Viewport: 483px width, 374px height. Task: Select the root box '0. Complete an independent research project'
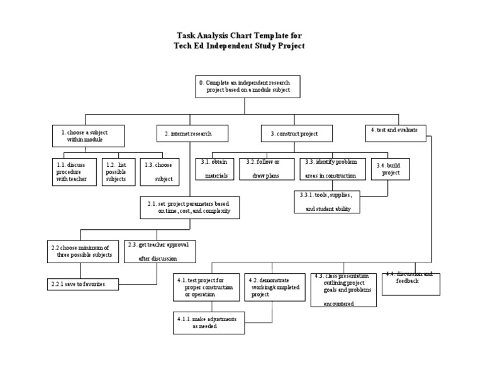coord(248,86)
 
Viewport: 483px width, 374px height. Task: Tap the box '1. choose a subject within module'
coord(88,135)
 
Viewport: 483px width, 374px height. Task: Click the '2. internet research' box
coord(192,133)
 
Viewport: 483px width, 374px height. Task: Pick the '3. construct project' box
coord(297,133)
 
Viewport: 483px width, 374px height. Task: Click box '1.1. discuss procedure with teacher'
coord(73,171)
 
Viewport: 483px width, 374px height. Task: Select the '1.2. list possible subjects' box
coord(118,171)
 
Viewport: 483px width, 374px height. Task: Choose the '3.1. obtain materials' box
coord(214,168)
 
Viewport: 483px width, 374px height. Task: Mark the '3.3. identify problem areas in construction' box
coord(331,168)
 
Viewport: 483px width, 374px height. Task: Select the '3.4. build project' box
coord(387,168)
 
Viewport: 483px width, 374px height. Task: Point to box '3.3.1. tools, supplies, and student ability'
coord(327,201)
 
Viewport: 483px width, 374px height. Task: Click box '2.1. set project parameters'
coord(189,208)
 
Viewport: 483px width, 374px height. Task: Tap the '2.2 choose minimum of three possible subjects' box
coord(82,251)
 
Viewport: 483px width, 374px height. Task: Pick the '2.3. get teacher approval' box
coord(160,251)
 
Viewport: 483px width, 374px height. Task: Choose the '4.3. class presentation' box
coord(343,290)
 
